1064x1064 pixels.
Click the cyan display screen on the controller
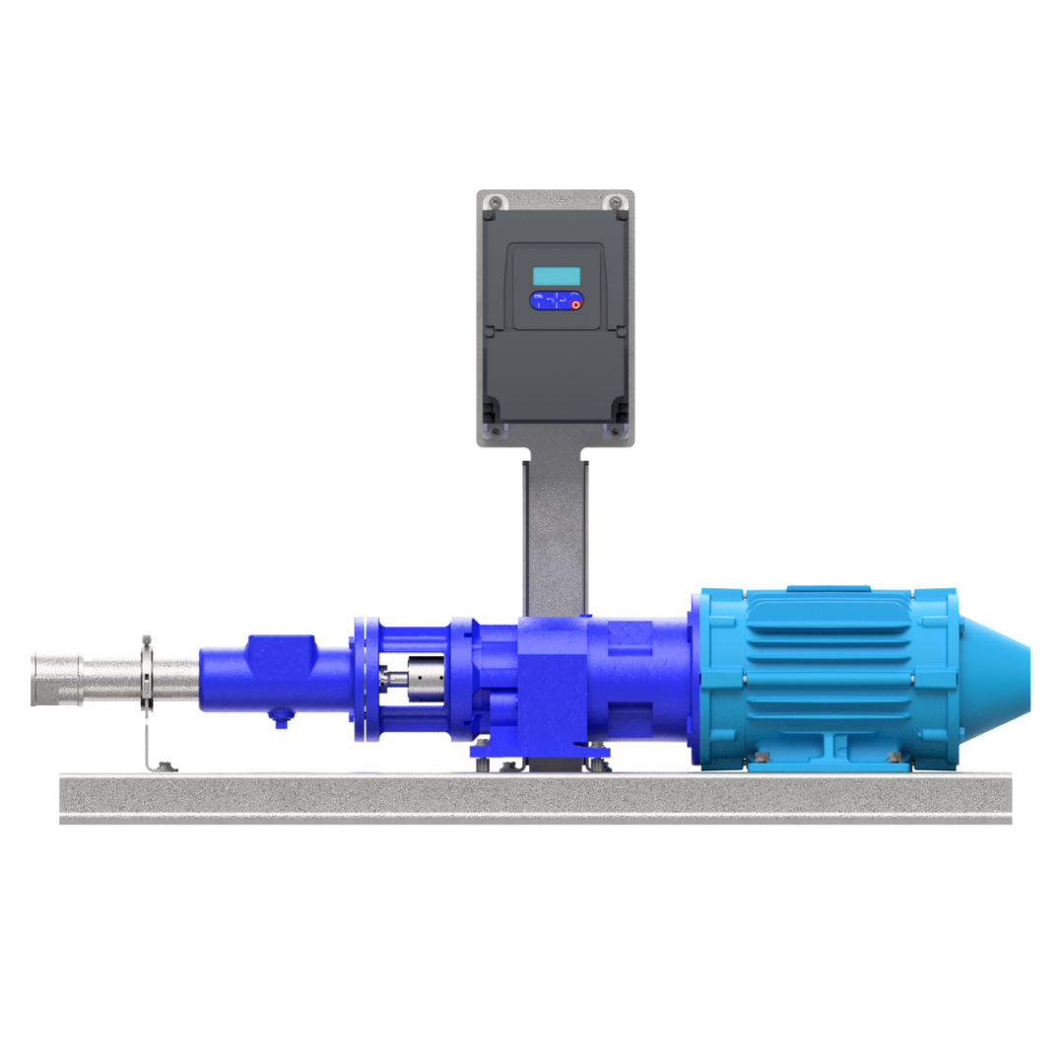[557, 276]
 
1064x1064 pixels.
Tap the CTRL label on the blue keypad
[538, 296]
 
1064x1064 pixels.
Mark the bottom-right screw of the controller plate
[617, 431]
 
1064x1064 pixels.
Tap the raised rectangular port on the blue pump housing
[281, 653]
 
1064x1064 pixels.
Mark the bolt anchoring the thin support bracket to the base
[166, 766]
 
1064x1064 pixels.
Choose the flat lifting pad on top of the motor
[828, 589]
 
